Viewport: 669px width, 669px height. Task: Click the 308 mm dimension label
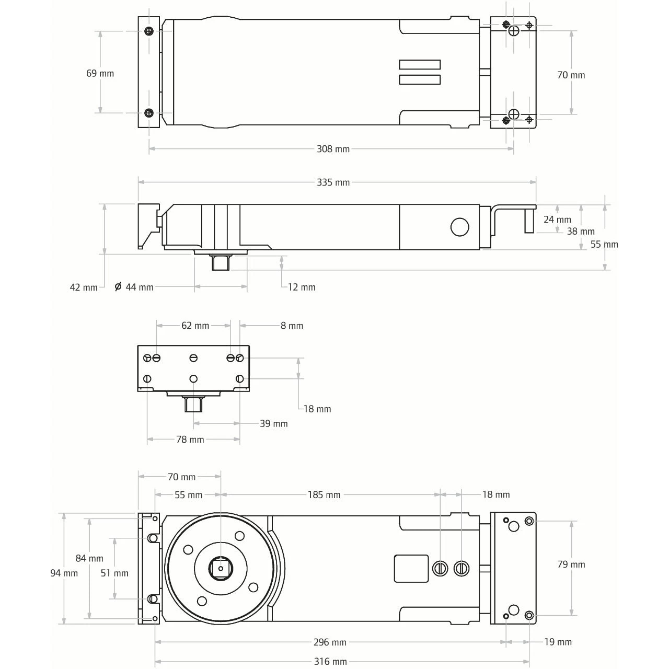333,149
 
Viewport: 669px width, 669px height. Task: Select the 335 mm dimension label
333,182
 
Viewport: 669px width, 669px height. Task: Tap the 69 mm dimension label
100,73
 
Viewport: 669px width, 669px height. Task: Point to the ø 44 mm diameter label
134,287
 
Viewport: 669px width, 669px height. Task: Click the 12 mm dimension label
302,287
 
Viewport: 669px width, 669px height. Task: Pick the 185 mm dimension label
324,494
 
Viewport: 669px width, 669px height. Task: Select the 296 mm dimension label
330,642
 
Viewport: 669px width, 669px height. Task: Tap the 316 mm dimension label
330,661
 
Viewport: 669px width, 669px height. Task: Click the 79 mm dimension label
571,564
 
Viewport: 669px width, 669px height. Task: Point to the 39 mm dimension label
274,423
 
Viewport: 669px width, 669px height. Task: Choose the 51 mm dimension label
114,573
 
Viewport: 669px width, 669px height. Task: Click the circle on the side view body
459,227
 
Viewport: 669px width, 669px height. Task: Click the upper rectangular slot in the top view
420,65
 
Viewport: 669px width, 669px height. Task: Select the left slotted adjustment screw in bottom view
441,568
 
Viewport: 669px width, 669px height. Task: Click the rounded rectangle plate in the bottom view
411,568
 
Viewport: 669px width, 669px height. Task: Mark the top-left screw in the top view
149,31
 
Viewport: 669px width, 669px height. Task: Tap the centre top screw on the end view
193,358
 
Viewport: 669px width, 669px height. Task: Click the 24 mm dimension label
557,220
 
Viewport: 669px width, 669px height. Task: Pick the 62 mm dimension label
195,326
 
